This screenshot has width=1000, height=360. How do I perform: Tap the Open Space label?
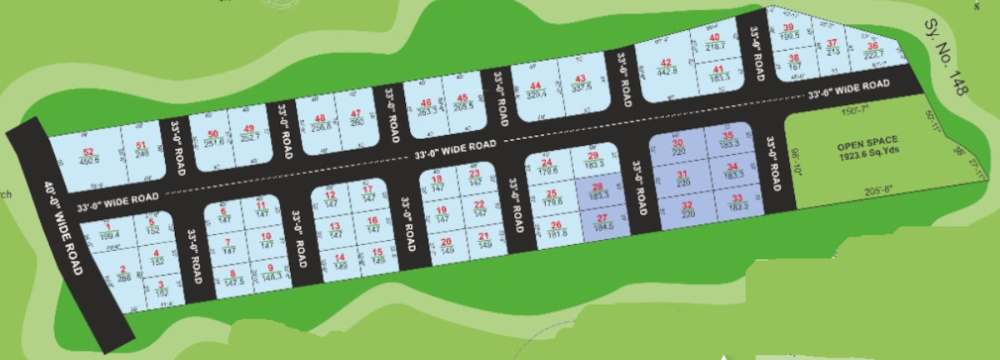click(867, 149)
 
